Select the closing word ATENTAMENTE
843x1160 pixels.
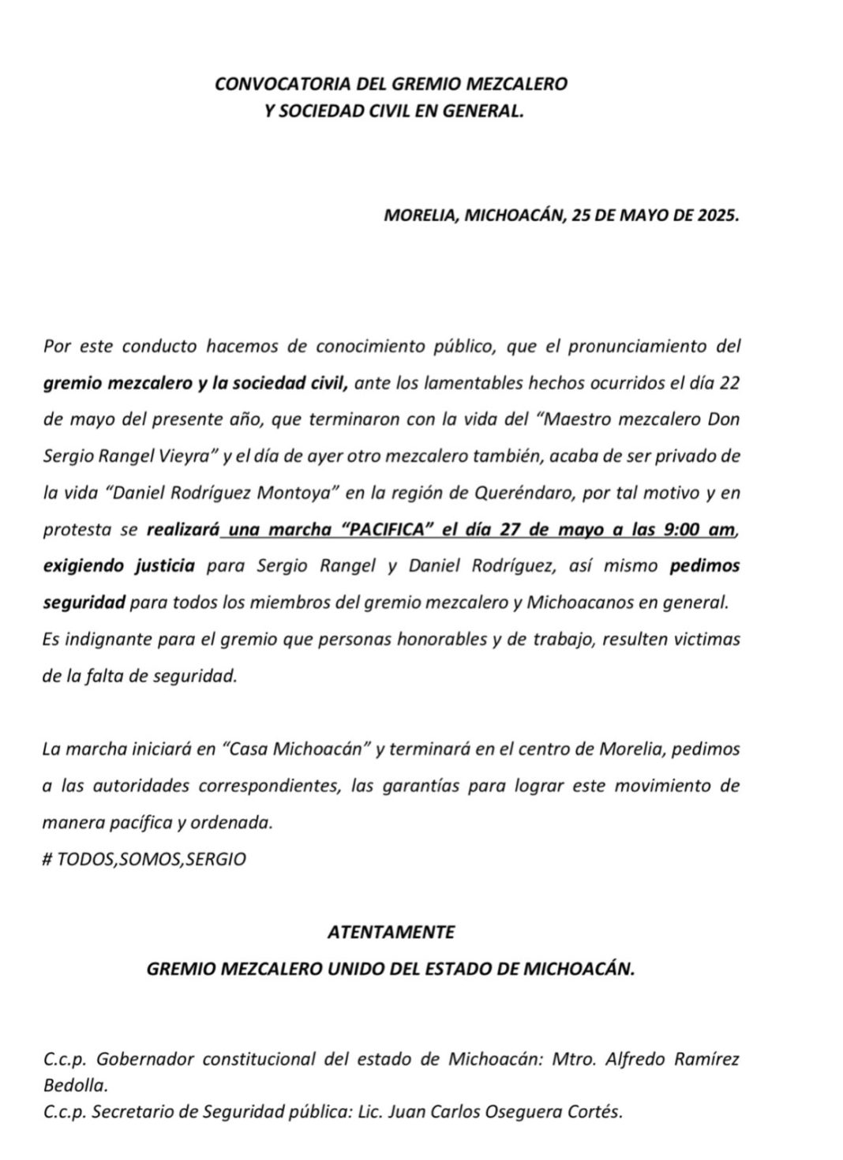pyautogui.click(x=391, y=932)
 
